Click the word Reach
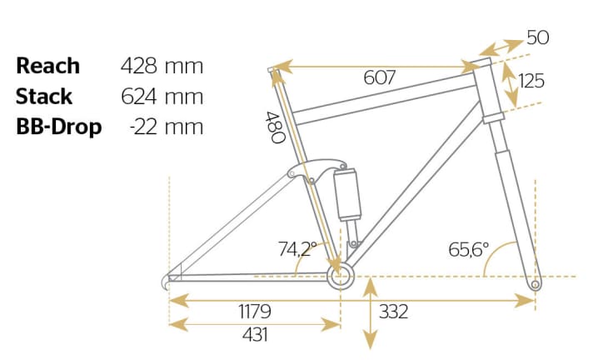[x=48, y=66]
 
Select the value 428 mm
[x=162, y=66]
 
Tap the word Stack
[x=44, y=96]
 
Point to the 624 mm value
[x=162, y=96]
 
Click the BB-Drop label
[x=58, y=127]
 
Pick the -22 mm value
[x=167, y=127]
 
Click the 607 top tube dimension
[x=379, y=77]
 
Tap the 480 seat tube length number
[x=276, y=127]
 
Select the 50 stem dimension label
[x=538, y=37]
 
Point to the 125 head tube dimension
[x=531, y=81]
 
